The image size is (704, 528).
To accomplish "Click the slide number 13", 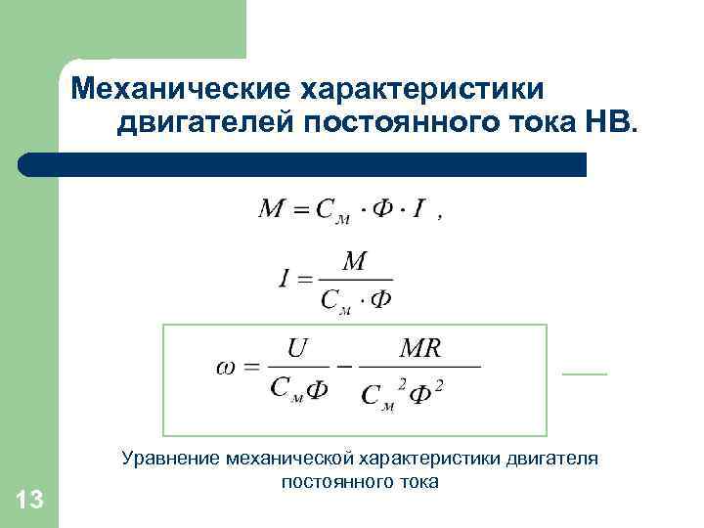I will [x=30, y=501].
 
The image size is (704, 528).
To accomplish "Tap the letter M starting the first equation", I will [x=271, y=209].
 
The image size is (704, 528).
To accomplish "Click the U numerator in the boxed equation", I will [x=297, y=348].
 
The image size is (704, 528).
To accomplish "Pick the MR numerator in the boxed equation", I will [x=420, y=348].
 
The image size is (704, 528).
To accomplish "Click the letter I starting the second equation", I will [x=284, y=280].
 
